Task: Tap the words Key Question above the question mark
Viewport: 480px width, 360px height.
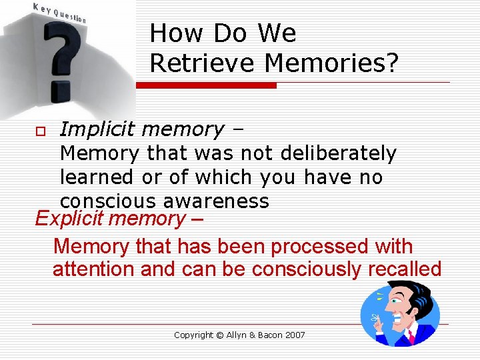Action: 60,11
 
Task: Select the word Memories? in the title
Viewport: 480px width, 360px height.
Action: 331,63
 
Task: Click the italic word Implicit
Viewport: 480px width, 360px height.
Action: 97,129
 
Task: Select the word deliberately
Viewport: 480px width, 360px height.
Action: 338,153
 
